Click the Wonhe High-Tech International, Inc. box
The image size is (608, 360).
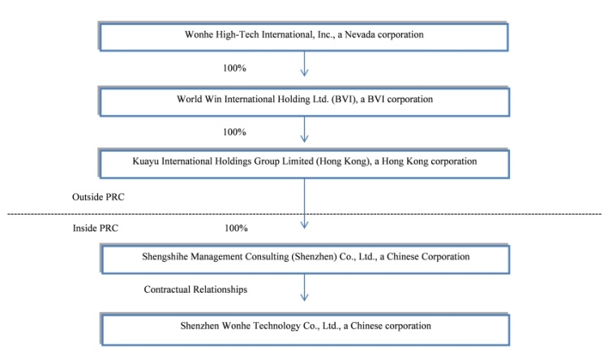(304, 36)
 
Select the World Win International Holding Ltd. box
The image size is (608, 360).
(304, 101)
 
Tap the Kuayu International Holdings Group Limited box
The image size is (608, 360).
(304, 164)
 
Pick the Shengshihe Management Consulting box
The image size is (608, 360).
(305, 259)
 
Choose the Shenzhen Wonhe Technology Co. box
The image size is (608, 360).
(305, 329)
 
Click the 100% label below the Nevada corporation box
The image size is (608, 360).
(234, 68)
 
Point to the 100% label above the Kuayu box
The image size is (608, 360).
(234, 132)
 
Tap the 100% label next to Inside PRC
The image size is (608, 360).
(236, 228)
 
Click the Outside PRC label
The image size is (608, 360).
(98, 197)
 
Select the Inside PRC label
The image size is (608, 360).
(96, 228)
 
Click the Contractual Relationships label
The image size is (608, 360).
(195, 289)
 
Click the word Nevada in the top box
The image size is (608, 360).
(359, 35)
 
